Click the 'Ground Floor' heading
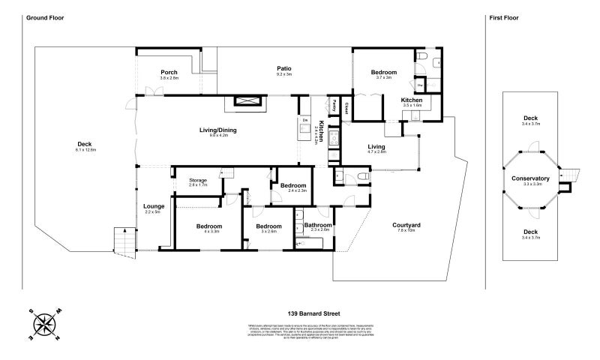point(43,17)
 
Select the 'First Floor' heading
point(503,17)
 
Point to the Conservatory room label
point(531,178)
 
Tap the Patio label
point(283,68)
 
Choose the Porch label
point(169,73)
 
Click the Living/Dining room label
point(217,130)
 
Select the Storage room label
point(197,180)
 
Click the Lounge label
point(153,206)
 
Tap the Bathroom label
point(318,225)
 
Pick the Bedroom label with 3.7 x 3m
point(384,72)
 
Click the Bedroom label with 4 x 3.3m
point(209,226)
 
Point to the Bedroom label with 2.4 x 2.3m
point(292,185)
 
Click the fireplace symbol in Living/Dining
point(244,102)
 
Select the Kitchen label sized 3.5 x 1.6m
point(412,100)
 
